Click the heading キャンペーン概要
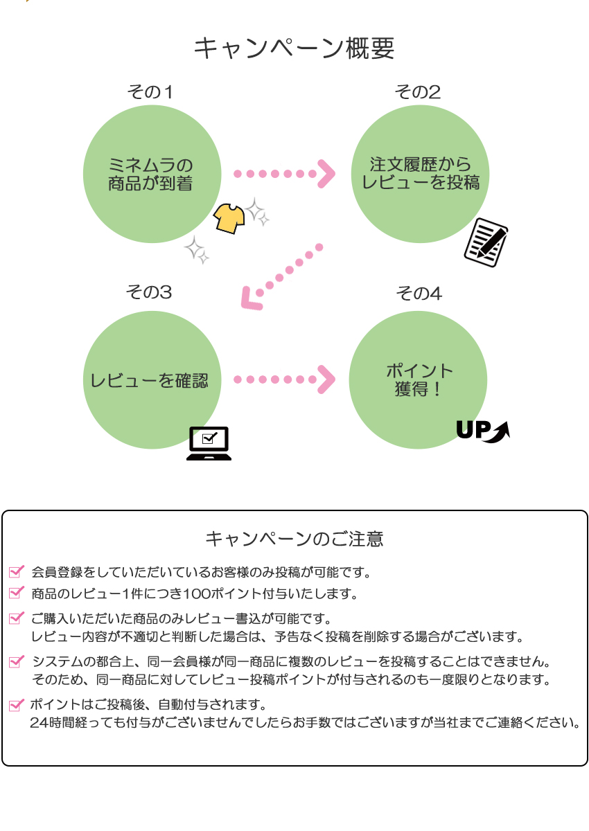click(294, 49)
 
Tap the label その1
click(150, 92)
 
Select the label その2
click(418, 92)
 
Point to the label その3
click(149, 292)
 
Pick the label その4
click(419, 294)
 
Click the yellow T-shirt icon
click(229, 218)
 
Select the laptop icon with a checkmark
click(209, 443)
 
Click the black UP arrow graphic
click(483, 430)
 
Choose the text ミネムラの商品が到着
click(151, 175)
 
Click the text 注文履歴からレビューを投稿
click(421, 174)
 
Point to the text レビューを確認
click(150, 380)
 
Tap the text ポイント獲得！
click(419, 379)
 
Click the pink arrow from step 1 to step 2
click(284, 174)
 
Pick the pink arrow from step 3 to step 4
click(284, 379)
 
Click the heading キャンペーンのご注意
click(294, 539)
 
